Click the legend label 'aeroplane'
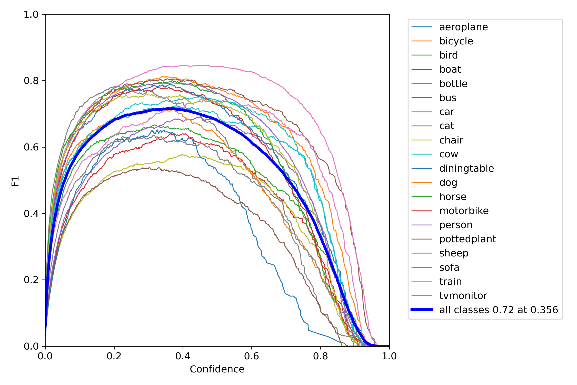[463, 27]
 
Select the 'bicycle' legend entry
[456, 41]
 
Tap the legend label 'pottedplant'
[467, 239]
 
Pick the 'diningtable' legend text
[466, 168]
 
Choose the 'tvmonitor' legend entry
[463, 296]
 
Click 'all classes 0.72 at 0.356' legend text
[499, 310]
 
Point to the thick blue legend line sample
[422, 310]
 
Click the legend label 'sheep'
[454, 253]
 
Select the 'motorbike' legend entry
[464, 211]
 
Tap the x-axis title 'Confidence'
[217, 369]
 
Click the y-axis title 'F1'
[15, 181]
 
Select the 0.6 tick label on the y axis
[31, 147]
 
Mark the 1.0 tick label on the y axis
[31, 14]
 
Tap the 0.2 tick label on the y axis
[31, 280]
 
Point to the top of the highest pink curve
[200, 65]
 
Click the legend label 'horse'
[453, 197]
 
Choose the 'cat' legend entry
[446, 126]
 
